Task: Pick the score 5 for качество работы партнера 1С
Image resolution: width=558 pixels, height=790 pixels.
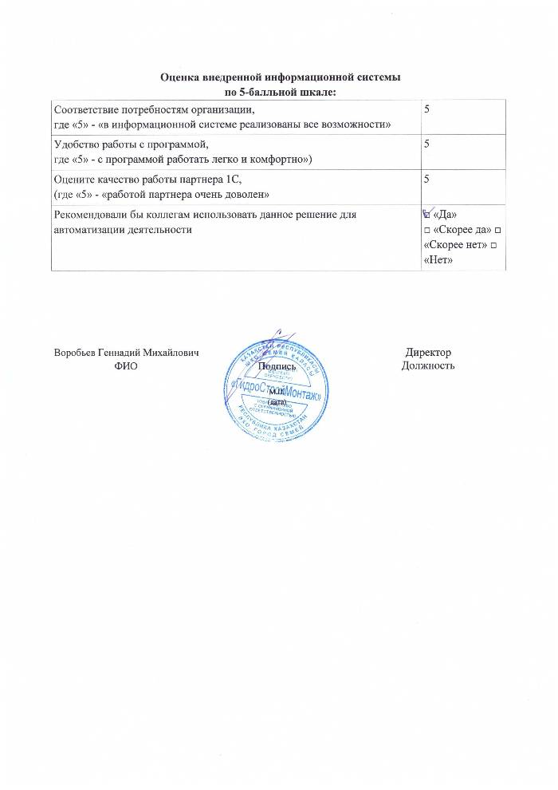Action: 427,180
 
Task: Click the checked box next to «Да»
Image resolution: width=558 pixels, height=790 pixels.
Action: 427,215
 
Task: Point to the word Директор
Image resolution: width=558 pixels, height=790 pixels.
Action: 428,353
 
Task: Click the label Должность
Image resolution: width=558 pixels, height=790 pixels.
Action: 429,366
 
